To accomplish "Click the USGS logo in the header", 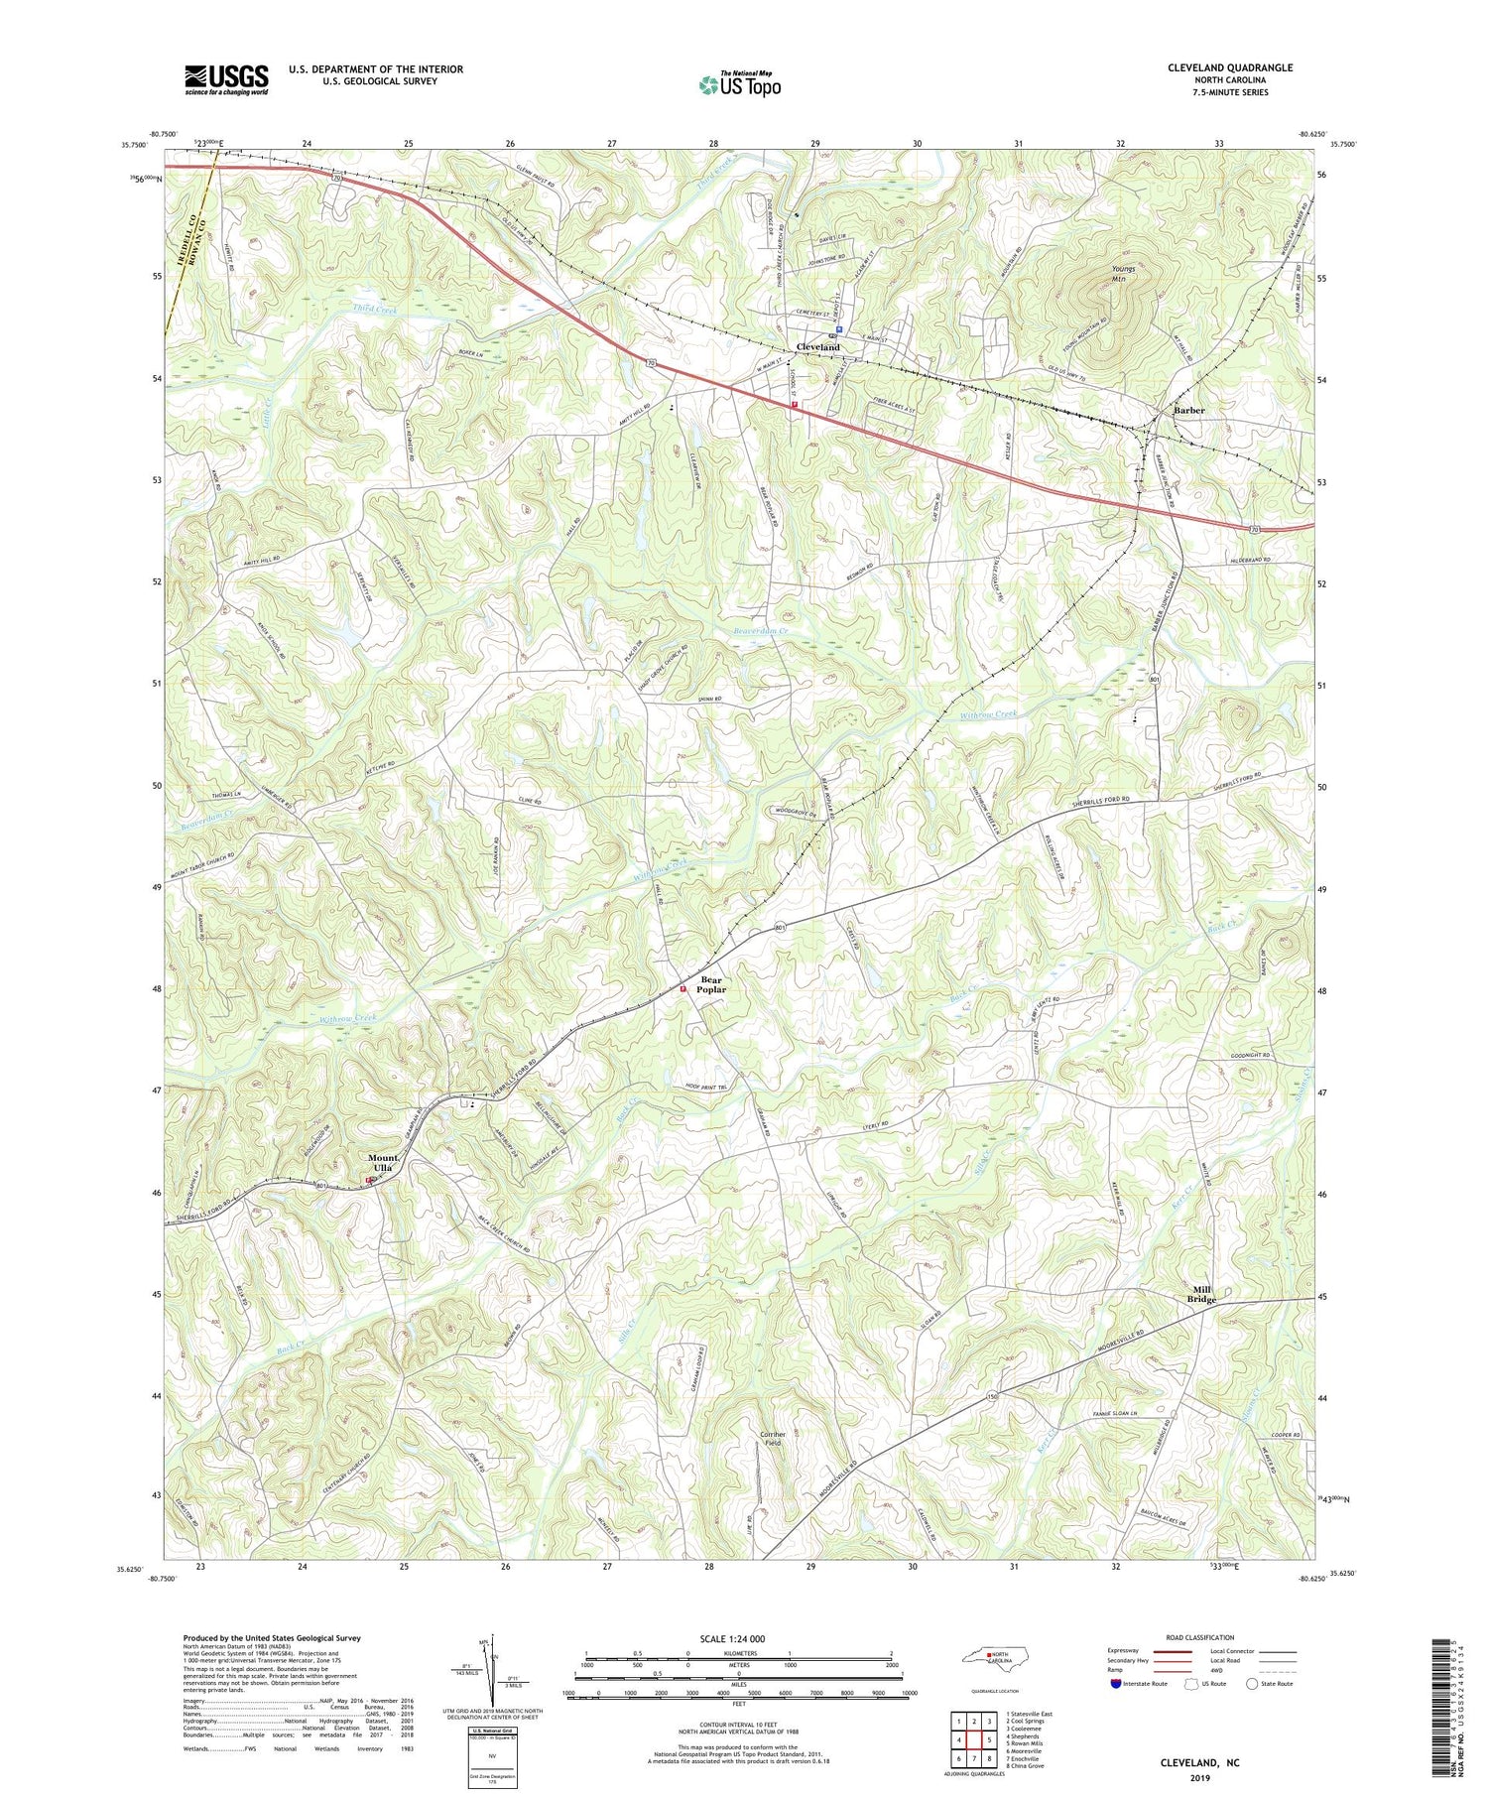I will [225, 79].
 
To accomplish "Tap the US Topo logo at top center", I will [739, 83].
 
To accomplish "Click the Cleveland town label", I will [818, 347].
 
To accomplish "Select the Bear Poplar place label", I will [711, 984].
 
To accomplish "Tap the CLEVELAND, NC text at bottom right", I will [1200, 1763].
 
